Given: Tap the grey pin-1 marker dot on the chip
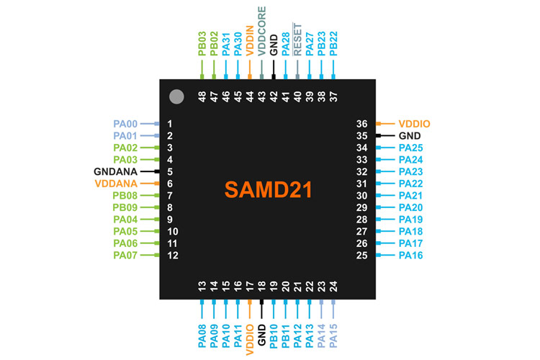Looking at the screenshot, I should point(175,96).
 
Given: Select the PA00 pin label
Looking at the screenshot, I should point(125,124).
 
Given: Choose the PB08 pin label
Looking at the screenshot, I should point(125,195).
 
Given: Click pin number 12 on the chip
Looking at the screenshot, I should point(172,255).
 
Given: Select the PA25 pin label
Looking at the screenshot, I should point(411,148).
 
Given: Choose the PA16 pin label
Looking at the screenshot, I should point(411,255).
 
